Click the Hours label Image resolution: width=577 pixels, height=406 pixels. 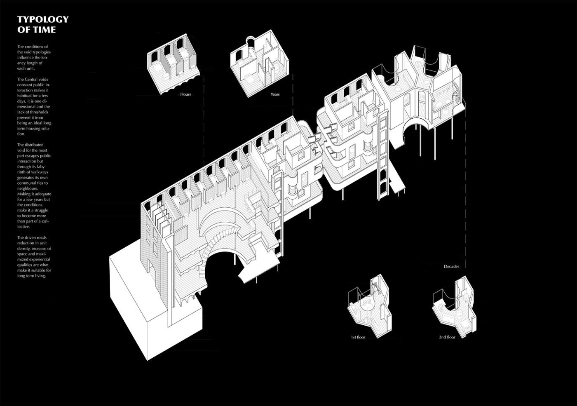click(x=185, y=94)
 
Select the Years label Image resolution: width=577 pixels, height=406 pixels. click(x=275, y=94)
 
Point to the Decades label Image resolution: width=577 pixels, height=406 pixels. click(x=451, y=267)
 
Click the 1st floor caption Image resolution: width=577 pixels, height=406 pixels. click(x=358, y=338)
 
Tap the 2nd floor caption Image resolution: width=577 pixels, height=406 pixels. click(x=447, y=338)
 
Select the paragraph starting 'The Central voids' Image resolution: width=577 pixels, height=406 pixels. click(x=34, y=106)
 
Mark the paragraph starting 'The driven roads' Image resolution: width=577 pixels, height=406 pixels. click(x=34, y=257)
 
